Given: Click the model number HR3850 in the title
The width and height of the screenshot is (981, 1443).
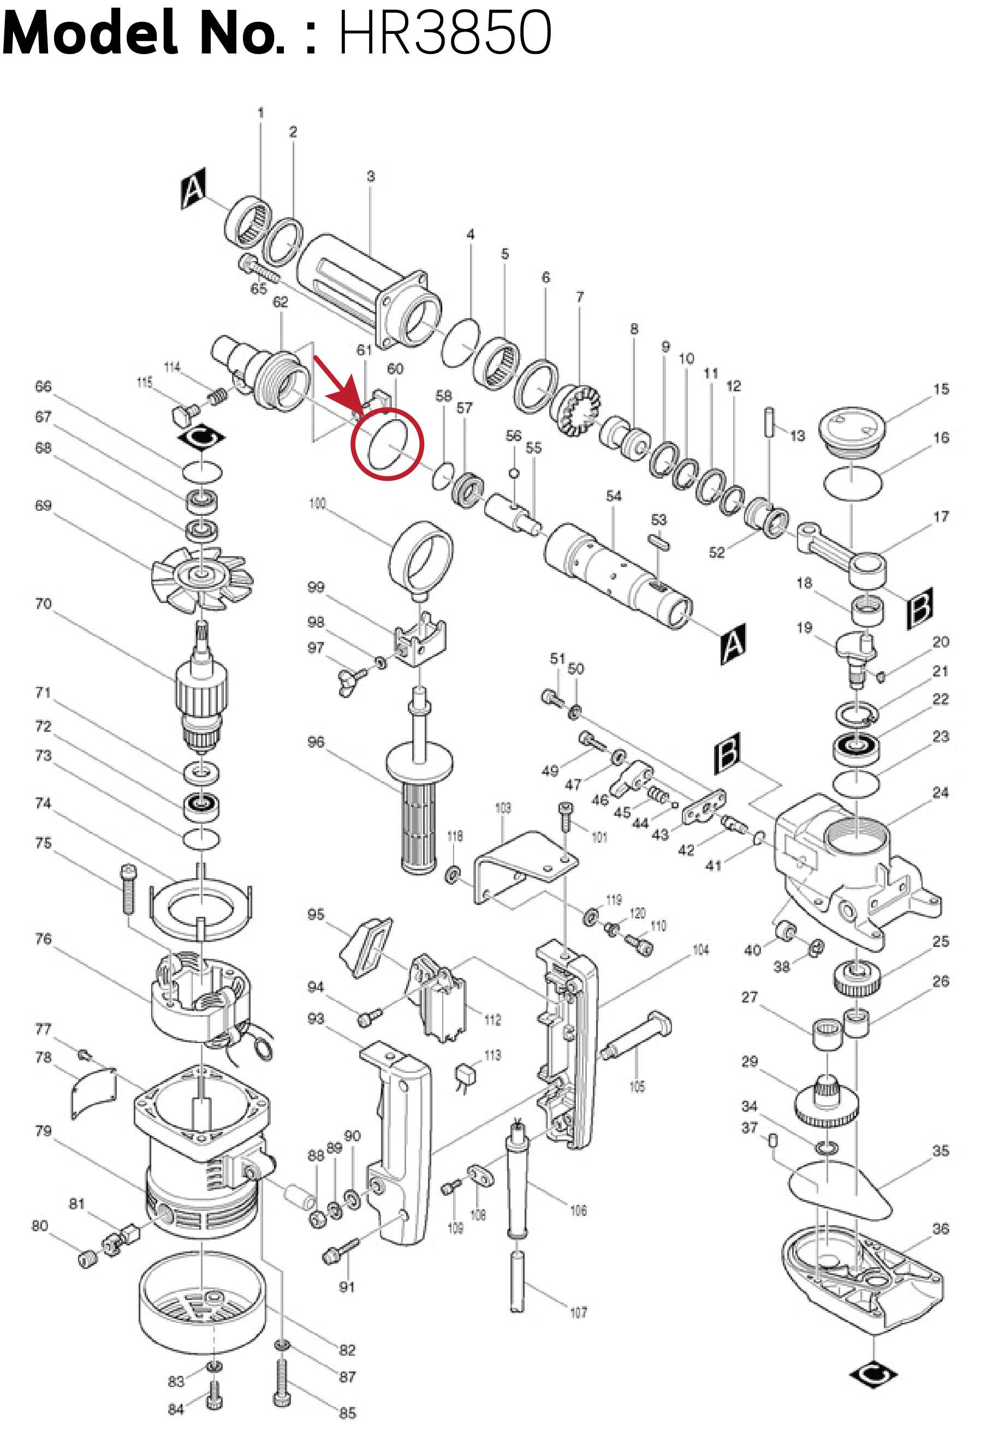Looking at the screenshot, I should pos(444,32).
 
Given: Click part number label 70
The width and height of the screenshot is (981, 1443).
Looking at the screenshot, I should pos(43,604).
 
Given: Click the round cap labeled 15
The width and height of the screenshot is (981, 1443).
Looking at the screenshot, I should pos(851,432).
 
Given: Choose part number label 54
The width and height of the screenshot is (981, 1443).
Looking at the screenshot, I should pos(614,496).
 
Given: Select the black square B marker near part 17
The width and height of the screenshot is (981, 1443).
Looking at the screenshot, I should pos(919,607).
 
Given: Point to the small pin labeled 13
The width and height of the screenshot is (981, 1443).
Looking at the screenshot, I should pos(770,422).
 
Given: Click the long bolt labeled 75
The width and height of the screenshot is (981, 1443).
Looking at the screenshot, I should pos(128,889).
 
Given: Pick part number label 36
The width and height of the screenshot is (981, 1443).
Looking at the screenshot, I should pos(940,1228).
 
